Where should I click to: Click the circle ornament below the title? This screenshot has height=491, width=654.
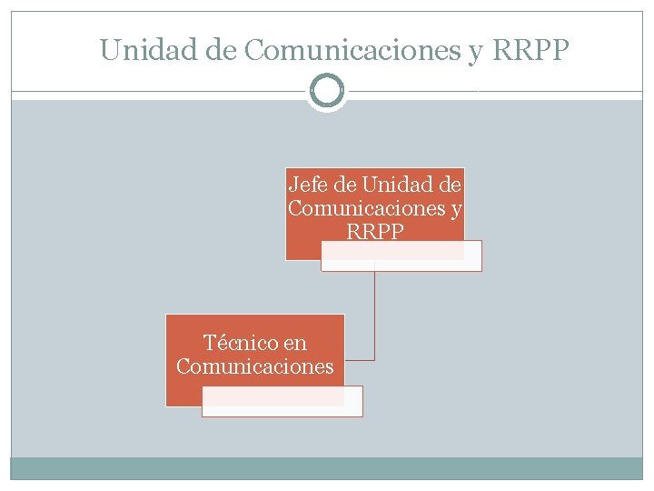click(x=327, y=91)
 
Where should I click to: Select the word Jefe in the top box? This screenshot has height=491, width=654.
click(x=309, y=185)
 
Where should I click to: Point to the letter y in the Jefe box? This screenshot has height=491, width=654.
click(x=456, y=210)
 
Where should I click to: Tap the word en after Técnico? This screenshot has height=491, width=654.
click(x=294, y=344)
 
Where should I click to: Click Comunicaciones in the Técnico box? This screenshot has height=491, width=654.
click(x=255, y=366)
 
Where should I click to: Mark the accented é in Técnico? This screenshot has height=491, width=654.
click(x=222, y=343)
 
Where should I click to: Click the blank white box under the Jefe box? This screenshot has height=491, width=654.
click(x=401, y=256)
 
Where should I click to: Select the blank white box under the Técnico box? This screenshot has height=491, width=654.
click(x=282, y=401)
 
